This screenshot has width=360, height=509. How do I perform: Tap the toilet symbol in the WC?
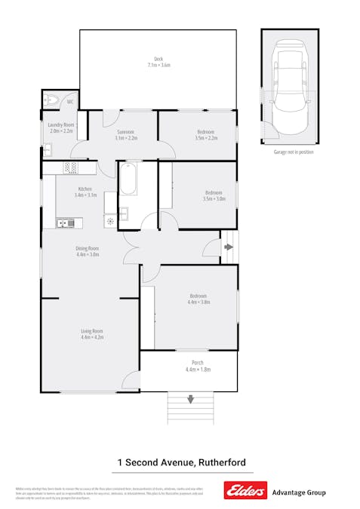52,100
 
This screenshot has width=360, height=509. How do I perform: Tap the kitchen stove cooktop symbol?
70,167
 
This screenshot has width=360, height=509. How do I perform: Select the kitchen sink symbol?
63,222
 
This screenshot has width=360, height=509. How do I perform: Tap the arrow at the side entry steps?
228,247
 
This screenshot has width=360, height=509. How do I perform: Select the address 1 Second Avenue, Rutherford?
181,462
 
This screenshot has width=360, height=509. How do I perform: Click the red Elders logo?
245,492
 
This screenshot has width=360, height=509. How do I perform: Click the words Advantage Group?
298,492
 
